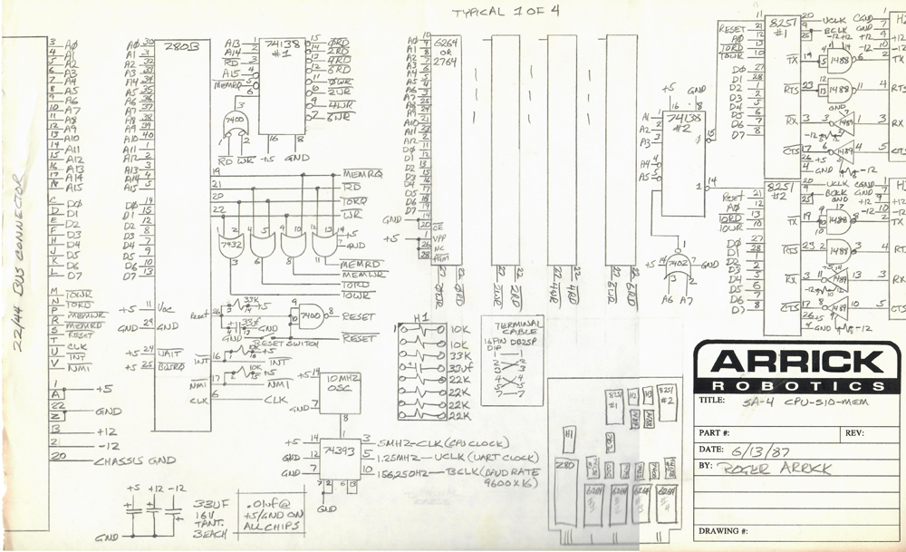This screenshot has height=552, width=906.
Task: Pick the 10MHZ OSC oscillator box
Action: point(342,383)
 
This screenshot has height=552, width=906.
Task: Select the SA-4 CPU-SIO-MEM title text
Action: point(802,401)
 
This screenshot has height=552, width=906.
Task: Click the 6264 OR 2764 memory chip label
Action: point(446,50)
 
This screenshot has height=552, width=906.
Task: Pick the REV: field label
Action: point(854,433)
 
